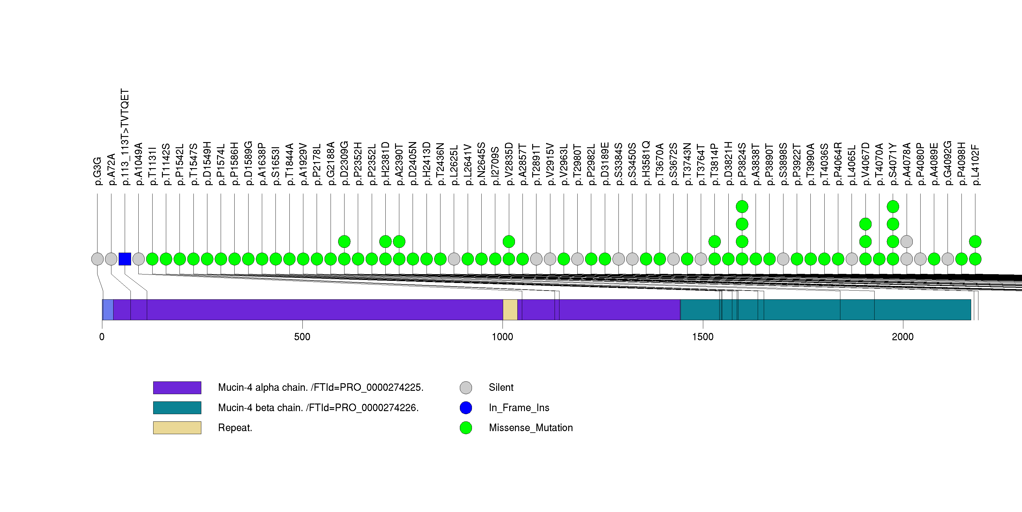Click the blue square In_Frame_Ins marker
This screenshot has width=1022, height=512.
[x=125, y=259]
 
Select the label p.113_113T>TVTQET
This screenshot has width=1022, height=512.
[x=125, y=137]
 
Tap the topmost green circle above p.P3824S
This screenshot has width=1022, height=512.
[x=742, y=206]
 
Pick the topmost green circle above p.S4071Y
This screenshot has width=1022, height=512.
[x=893, y=206]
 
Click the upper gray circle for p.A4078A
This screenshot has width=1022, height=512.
[x=907, y=241]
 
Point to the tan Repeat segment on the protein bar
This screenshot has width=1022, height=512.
[x=510, y=310]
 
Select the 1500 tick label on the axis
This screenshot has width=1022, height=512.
[x=703, y=337]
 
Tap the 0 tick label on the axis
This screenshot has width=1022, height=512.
[x=102, y=337]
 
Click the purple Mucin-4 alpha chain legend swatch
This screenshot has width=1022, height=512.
[x=177, y=387]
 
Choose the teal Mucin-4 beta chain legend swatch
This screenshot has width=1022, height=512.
[x=177, y=407]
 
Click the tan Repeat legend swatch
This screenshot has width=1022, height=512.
[x=177, y=428]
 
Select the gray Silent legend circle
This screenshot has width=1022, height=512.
[x=466, y=387]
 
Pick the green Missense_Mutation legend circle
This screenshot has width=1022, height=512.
[x=466, y=428]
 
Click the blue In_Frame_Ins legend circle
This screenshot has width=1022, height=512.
[x=466, y=407]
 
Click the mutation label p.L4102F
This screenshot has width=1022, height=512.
[x=975, y=165]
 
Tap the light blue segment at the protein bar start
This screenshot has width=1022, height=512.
[x=107, y=310]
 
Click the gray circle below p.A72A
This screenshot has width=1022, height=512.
[x=111, y=259]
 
